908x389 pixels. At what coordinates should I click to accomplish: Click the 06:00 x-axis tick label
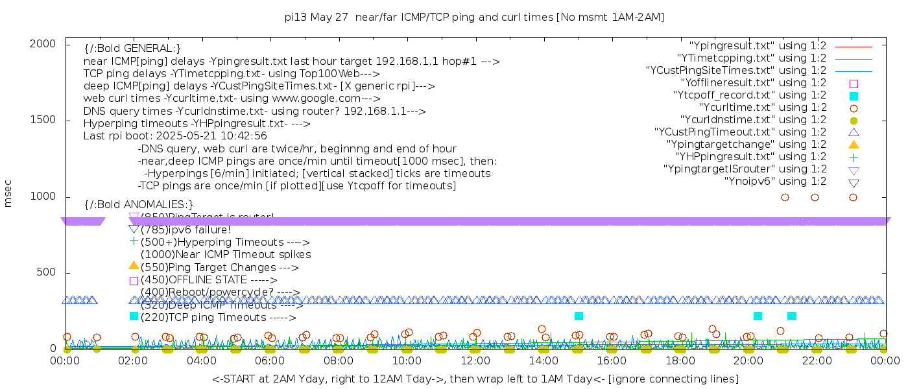click(x=270, y=361)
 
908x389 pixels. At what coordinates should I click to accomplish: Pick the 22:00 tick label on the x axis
click(x=817, y=361)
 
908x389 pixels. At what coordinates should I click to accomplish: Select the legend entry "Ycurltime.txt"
click(x=762, y=108)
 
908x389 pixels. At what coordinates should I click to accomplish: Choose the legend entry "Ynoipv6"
click(x=775, y=182)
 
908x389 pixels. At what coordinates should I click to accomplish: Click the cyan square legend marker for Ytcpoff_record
click(x=854, y=96)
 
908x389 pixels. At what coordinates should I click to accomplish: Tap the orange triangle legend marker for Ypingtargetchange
click(x=854, y=145)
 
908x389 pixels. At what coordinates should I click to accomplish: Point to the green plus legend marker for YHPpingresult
click(x=854, y=157)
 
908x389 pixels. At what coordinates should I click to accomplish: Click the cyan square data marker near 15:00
click(x=579, y=316)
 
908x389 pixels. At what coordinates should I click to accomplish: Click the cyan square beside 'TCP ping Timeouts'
click(x=134, y=316)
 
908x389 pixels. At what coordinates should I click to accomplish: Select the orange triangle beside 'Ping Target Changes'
click(x=134, y=265)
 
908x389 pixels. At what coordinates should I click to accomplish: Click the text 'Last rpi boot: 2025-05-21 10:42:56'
click(x=175, y=136)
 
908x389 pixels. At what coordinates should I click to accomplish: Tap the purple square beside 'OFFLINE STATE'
click(x=134, y=281)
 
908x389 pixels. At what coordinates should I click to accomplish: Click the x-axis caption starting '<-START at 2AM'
click(x=475, y=379)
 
